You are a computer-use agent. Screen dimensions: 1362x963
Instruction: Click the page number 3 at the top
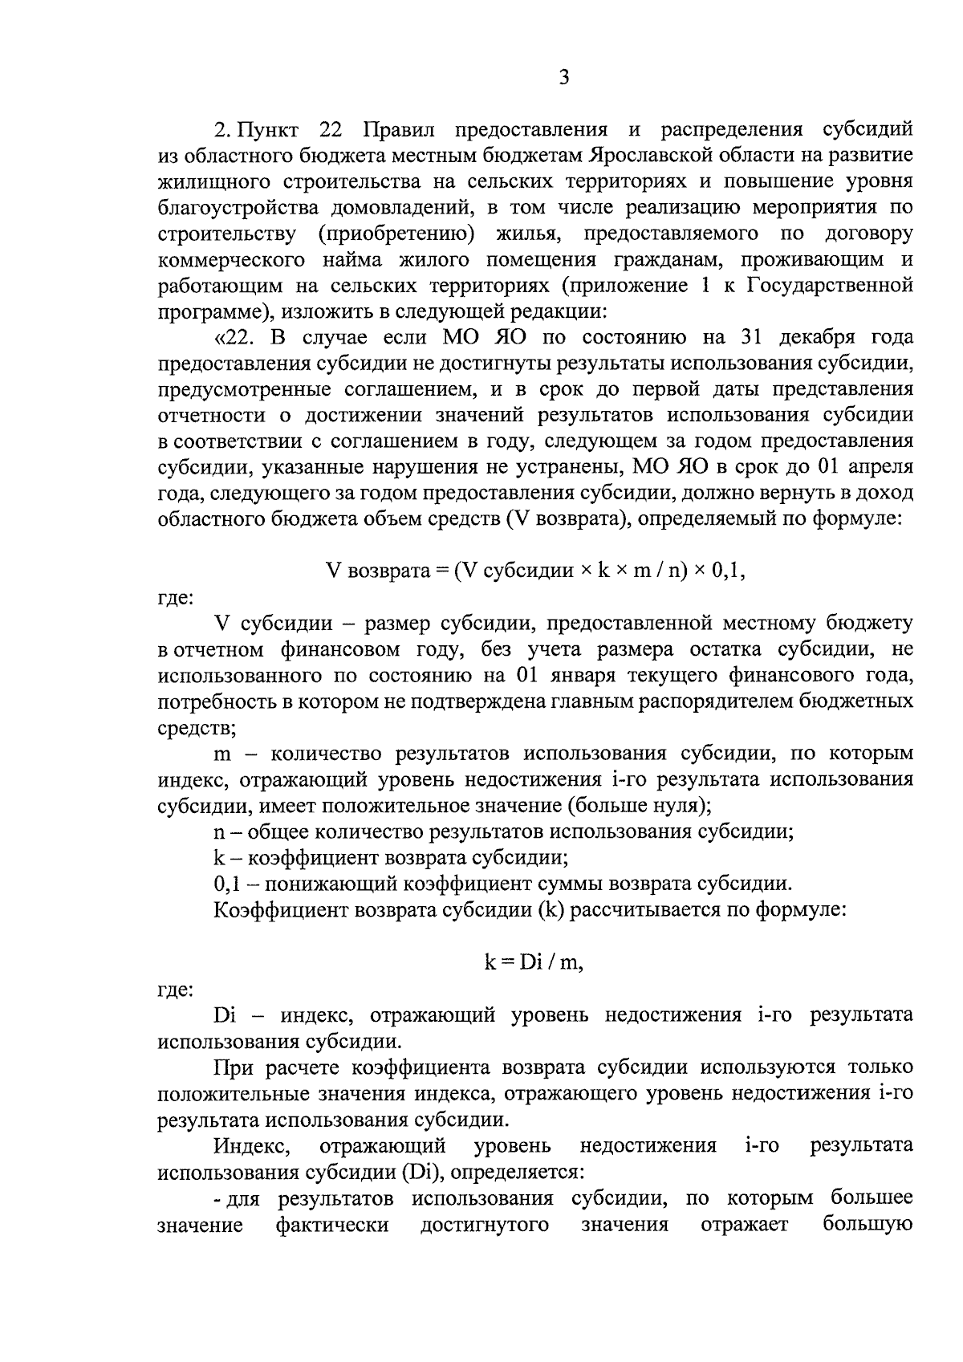coord(563,78)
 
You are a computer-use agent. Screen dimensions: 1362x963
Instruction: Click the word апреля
coord(883,466)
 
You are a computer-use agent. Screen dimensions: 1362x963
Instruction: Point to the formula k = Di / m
coord(533,962)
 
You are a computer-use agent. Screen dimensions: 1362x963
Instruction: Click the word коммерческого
coord(232,259)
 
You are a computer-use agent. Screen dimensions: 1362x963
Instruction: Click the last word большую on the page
coord(868,1225)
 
